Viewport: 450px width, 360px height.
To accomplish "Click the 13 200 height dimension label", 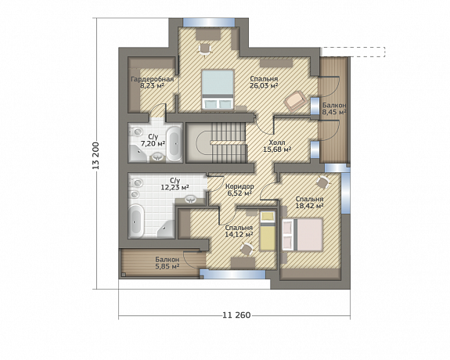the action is [x=96, y=160].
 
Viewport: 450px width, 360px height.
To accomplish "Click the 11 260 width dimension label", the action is [x=237, y=315].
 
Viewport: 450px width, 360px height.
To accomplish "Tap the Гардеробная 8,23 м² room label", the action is [x=152, y=82].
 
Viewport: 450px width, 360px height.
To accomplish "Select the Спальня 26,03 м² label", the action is [x=264, y=82].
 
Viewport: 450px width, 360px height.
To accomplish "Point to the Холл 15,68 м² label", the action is [x=277, y=146].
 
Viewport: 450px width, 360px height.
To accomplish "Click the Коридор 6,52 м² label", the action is [x=239, y=189].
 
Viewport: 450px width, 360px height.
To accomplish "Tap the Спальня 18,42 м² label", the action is [x=310, y=203].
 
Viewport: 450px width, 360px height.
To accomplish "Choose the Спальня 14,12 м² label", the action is [x=239, y=231].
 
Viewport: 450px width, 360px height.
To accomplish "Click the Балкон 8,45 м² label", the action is [x=333, y=109].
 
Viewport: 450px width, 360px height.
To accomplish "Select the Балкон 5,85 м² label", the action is [x=167, y=263].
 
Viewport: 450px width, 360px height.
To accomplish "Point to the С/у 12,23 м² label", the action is [x=175, y=184].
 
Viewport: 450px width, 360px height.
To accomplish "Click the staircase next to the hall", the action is [x=216, y=142].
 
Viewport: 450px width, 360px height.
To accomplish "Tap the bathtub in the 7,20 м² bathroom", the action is [x=175, y=143].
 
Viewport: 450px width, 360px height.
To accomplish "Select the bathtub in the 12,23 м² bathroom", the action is [x=136, y=221].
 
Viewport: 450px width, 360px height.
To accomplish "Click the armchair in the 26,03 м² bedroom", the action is [x=295, y=100].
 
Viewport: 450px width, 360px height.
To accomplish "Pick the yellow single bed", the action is [x=267, y=231].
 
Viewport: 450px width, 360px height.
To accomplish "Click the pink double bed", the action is [x=303, y=235].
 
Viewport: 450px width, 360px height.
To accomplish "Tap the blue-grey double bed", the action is [x=218, y=89].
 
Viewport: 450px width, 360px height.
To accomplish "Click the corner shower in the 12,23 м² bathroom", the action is [x=166, y=229].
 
